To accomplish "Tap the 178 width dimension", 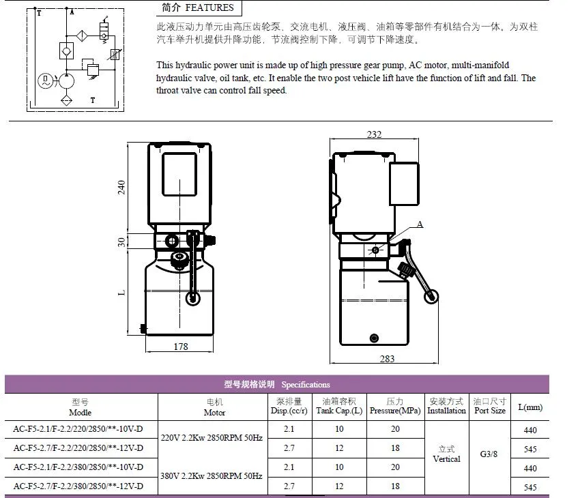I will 179,347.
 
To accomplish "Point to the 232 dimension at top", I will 374,134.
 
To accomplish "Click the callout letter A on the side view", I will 420,224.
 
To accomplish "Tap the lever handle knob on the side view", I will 431,297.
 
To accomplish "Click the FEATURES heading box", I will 199,8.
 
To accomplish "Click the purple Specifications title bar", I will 277,384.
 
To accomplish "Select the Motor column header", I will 214,407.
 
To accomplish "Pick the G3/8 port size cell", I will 489,454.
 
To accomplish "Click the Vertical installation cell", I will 446,454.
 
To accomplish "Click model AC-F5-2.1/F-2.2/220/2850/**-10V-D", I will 78,429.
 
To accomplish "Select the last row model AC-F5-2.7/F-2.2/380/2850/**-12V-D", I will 78,486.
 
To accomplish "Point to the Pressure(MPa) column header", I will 395,407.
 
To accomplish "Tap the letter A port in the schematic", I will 72,13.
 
